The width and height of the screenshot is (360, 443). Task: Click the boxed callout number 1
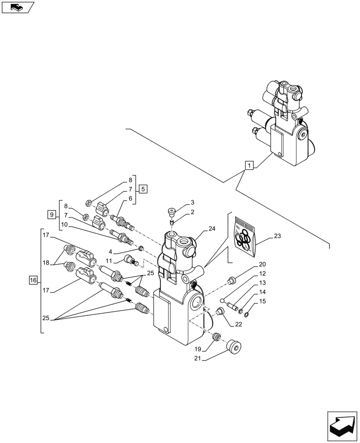(x=250, y=166)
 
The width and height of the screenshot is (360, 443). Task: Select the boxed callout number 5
(x=143, y=189)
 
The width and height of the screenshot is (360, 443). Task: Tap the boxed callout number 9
(x=52, y=215)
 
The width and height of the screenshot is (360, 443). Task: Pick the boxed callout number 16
(x=33, y=280)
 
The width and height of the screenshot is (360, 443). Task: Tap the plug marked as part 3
(x=171, y=211)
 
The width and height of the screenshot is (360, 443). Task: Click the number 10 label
(x=65, y=225)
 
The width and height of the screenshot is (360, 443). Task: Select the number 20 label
(x=262, y=264)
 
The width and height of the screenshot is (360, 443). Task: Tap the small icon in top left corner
(x=18, y=7)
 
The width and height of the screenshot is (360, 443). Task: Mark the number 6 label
(x=131, y=198)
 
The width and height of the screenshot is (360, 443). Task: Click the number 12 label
(x=262, y=273)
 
